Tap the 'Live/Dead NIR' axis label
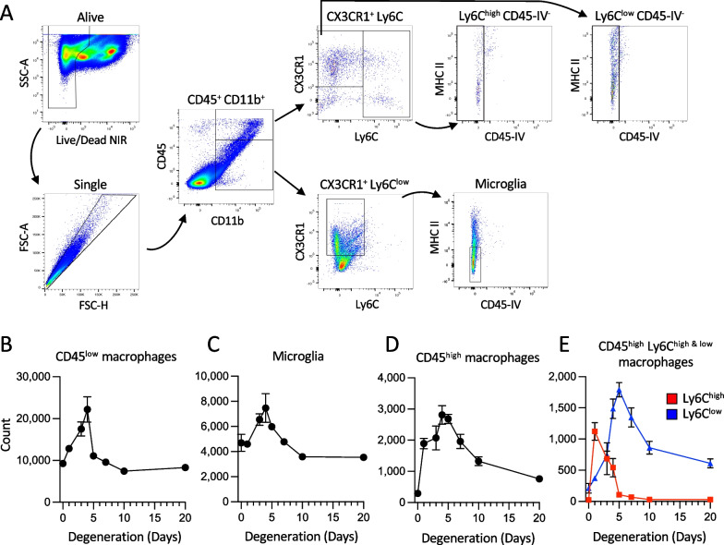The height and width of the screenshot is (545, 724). pyautogui.click(x=89, y=121)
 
